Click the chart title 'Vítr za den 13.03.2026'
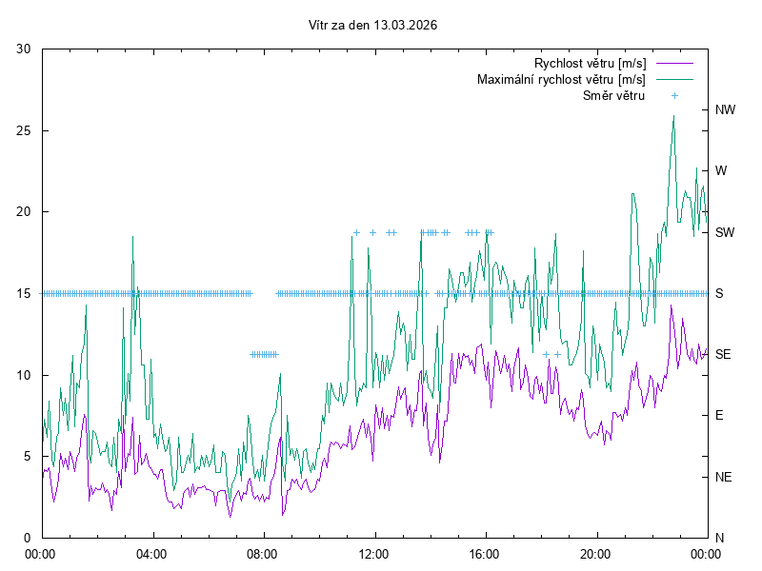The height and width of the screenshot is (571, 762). pos(373,26)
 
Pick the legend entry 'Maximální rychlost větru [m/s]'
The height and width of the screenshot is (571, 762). pos(561,79)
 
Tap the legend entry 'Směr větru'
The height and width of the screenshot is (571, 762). pos(614,95)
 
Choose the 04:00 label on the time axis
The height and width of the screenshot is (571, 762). pos(150,553)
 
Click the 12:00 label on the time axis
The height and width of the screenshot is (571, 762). pos(373,553)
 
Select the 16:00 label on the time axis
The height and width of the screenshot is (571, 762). pos(485,553)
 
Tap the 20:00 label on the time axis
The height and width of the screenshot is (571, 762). pos(596,553)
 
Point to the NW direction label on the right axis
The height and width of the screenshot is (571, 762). pos(725,109)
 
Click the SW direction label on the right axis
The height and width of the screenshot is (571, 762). pos(725,232)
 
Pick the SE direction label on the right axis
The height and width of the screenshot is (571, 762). pos(723,354)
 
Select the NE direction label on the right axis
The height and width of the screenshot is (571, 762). pos(723,476)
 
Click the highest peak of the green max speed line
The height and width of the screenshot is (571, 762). pos(673,116)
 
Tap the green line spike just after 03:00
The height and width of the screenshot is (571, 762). pos(132,237)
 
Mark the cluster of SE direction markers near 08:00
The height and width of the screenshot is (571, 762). pos(264,354)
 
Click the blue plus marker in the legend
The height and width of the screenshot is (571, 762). pos(673,95)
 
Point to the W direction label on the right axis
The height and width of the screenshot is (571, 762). pos(721,171)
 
